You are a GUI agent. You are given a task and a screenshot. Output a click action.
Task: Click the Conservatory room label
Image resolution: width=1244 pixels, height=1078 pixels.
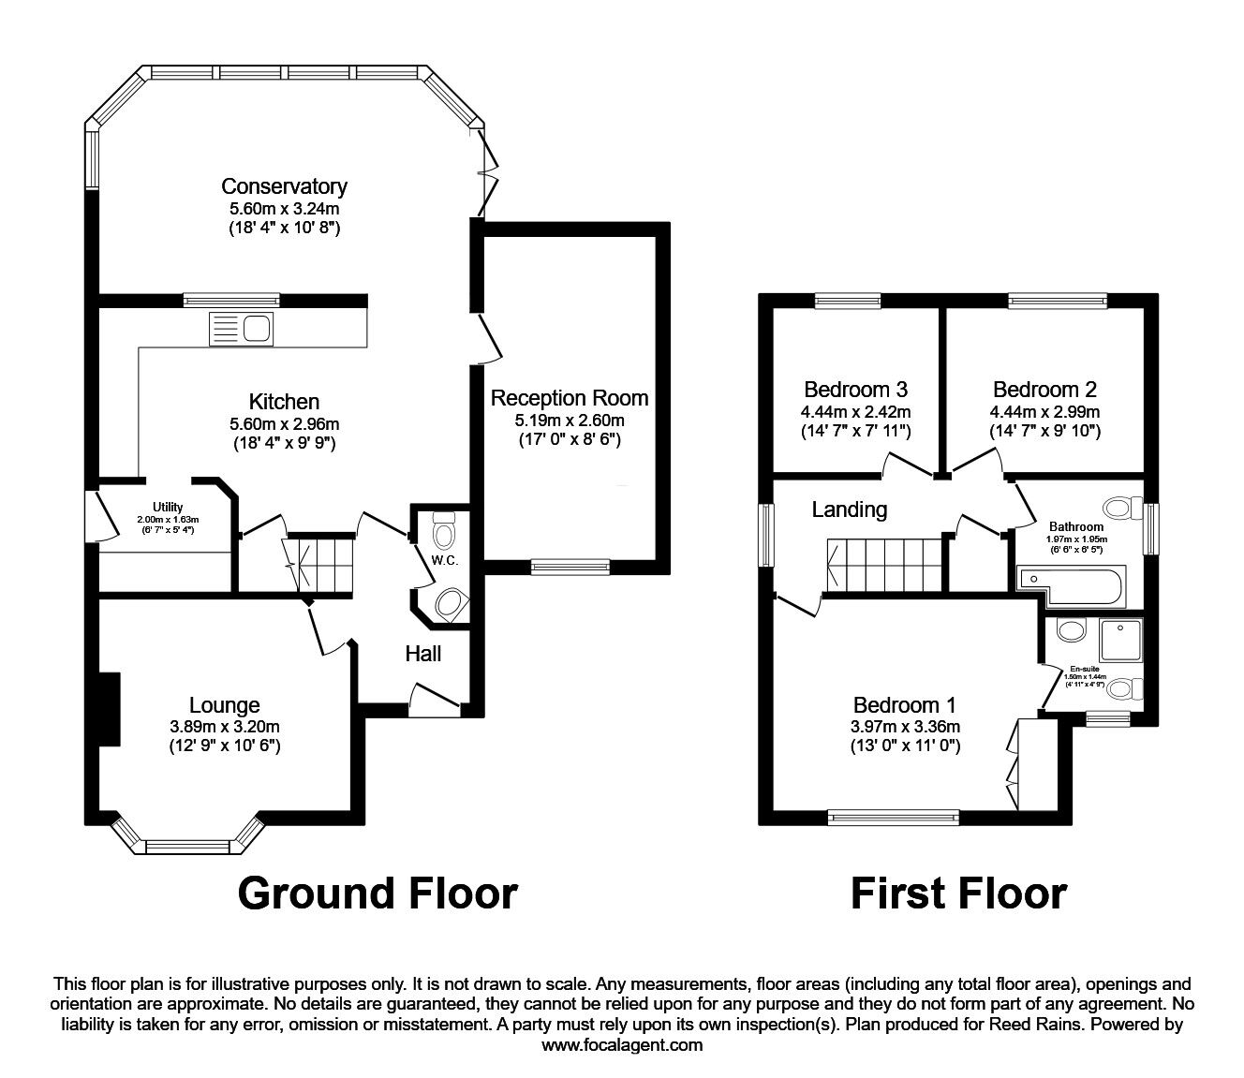coord(284,186)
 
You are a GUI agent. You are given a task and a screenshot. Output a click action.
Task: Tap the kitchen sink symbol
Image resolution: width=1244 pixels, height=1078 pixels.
coord(242,328)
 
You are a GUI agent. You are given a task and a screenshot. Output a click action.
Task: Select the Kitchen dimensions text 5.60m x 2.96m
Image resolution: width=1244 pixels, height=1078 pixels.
coord(284,423)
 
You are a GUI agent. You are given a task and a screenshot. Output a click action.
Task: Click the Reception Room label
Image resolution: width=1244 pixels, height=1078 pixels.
coord(570,398)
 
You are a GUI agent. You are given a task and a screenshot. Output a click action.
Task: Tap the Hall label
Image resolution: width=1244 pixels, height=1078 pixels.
coord(422,654)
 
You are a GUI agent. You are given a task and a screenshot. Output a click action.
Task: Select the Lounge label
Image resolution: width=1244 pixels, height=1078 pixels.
coord(224,704)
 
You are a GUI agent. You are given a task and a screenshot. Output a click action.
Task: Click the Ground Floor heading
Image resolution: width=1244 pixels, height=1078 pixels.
coord(378,893)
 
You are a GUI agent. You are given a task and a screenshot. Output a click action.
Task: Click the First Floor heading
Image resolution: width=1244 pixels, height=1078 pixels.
coord(957,893)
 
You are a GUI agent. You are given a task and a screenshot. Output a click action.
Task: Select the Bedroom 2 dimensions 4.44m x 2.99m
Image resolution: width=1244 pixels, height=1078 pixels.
coord(1044,411)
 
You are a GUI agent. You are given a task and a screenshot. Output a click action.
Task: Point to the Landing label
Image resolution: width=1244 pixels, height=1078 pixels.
coord(849,509)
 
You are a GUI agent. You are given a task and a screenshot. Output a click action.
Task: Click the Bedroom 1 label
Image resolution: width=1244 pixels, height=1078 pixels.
coord(906,705)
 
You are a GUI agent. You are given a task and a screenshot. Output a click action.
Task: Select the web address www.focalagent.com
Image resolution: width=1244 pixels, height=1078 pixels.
coord(622,1044)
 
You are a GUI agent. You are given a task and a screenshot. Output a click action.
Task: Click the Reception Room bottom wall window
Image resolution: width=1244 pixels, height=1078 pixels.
coord(570,566)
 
